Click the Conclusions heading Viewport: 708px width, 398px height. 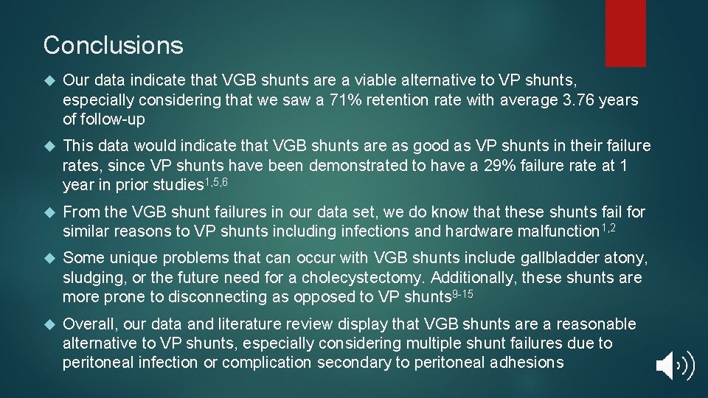[113, 46]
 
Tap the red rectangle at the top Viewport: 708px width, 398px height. [625, 32]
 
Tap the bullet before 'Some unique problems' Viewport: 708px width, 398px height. [50, 259]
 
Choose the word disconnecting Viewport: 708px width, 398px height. [216, 297]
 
